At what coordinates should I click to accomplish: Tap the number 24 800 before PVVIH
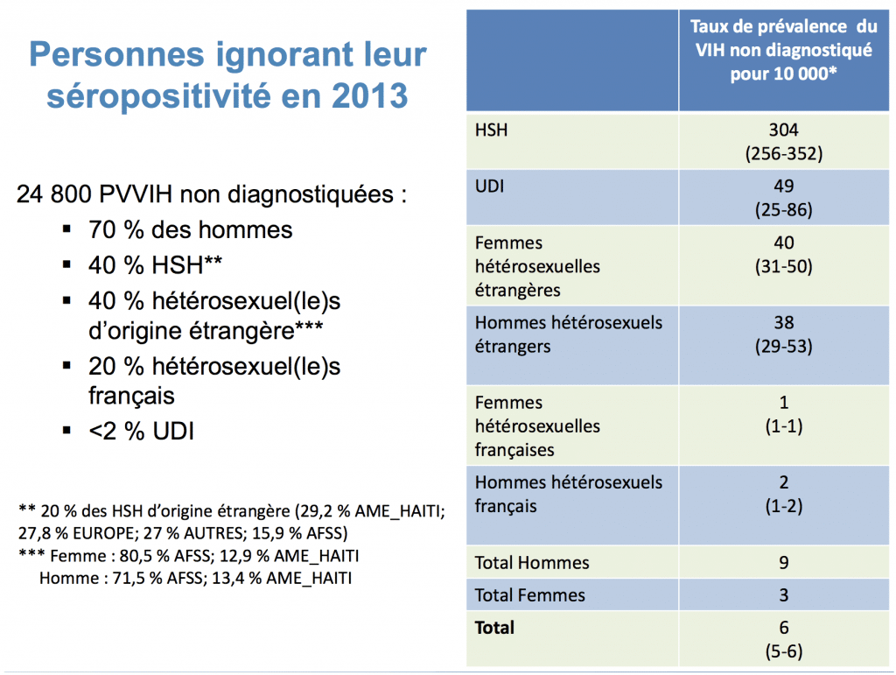click(56, 194)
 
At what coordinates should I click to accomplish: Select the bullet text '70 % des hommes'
click(190, 229)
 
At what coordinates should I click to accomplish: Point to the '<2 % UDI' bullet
click(141, 431)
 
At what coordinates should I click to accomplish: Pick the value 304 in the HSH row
click(783, 130)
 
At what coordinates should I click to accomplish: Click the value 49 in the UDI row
click(783, 186)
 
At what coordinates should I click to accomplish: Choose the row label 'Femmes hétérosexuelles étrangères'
click(537, 266)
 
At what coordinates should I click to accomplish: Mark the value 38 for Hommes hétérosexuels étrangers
click(783, 322)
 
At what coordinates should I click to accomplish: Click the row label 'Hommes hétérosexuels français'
click(568, 494)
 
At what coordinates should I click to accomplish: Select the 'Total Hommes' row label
click(532, 563)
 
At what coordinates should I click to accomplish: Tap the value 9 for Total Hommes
click(783, 563)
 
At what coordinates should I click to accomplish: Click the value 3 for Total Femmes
click(783, 595)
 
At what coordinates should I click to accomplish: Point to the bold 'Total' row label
click(494, 628)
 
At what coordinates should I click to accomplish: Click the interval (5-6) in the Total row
click(783, 650)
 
